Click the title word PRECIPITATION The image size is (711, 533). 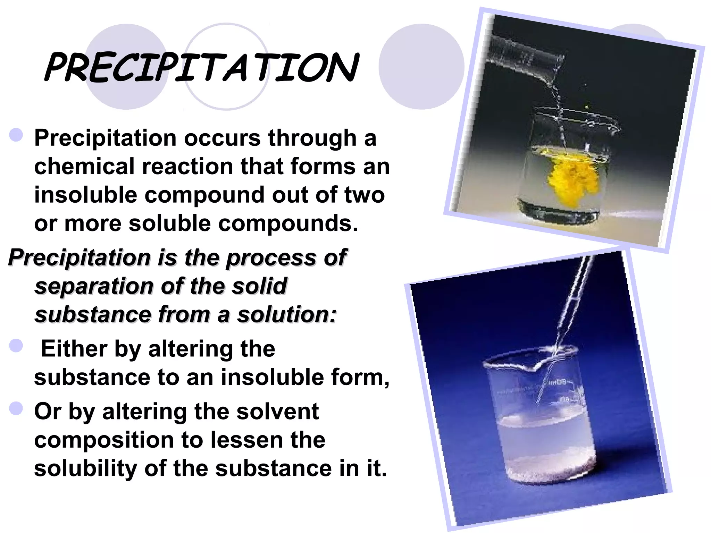click(x=201, y=68)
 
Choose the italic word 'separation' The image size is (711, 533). click(x=94, y=286)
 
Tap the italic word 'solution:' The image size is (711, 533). click(x=286, y=315)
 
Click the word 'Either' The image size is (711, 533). click(x=74, y=349)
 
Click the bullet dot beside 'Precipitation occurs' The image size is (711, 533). click(x=16, y=135)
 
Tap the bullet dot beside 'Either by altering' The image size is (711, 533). click(x=16, y=346)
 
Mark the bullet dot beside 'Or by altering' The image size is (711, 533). click(x=16, y=408)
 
